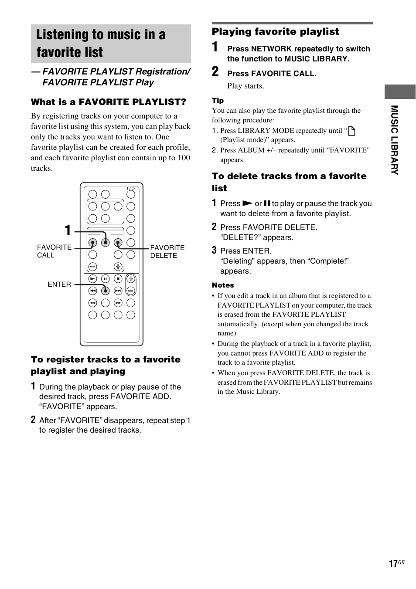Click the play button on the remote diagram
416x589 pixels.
pos(92,278)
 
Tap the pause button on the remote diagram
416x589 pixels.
pos(105,278)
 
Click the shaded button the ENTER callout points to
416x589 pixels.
pos(105,290)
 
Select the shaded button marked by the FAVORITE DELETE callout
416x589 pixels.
pos(118,243)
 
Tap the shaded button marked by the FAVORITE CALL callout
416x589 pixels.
pos(92,243)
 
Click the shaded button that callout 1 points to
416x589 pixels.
pos(105,243)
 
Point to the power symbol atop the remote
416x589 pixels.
pos(131,189)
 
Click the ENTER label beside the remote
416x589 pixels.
pos(59,284)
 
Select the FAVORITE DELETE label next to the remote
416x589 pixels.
pos(167,251)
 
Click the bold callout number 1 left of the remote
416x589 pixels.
pos(68,230)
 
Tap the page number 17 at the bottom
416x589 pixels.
pos(393,564)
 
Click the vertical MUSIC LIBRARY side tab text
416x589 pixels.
pos(394,140)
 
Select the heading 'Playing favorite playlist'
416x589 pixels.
pos(275,32)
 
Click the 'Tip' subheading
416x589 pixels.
pos(218,101)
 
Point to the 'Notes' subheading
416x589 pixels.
pos(223,285)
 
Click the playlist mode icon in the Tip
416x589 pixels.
pos(351,131)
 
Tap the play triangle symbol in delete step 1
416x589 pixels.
pos(247,203)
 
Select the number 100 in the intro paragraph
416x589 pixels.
pos(184,158)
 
